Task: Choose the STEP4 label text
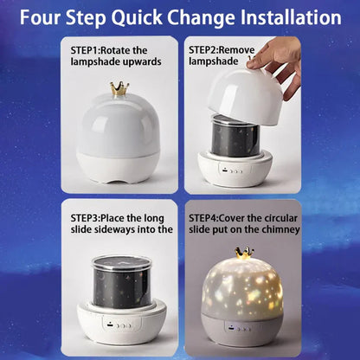coord(209,217)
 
